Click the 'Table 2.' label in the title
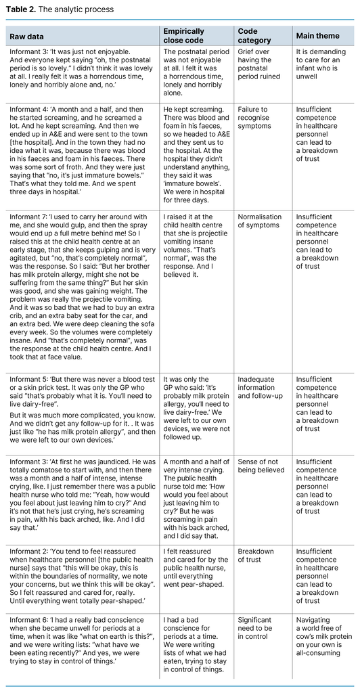click(x=20, y=9)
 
